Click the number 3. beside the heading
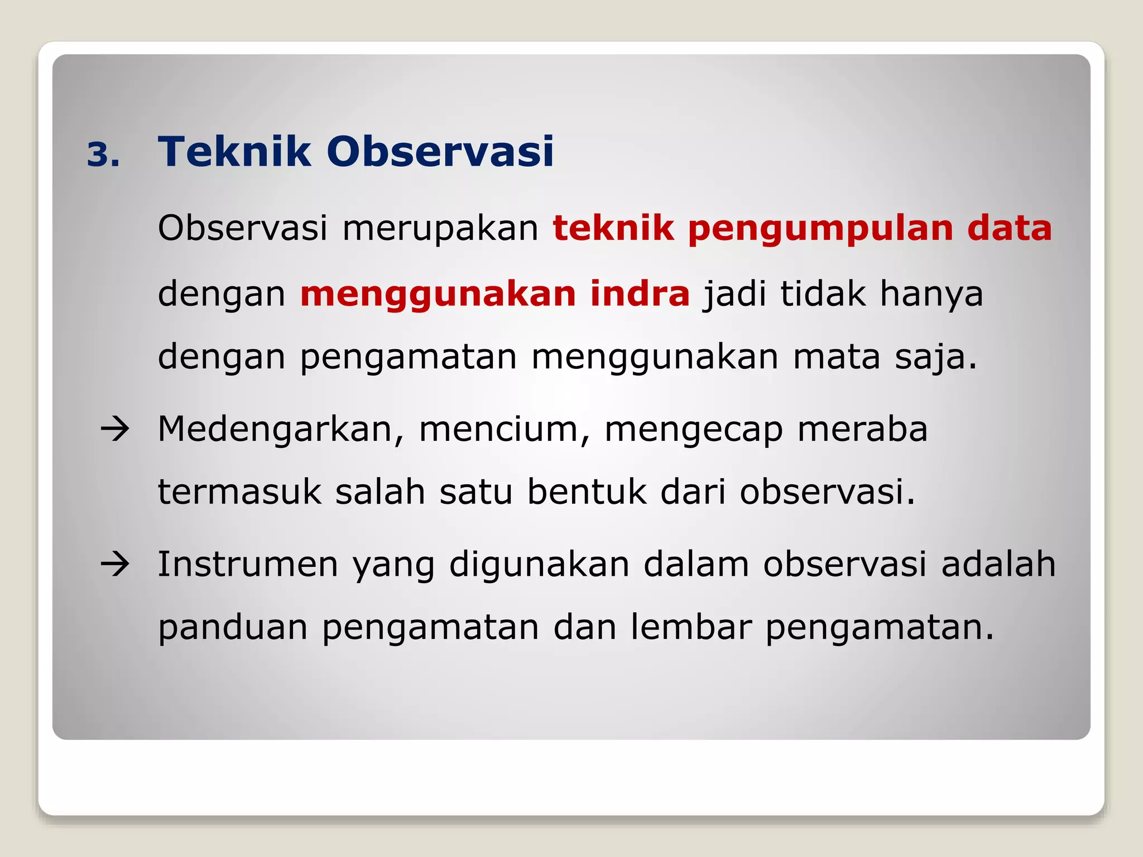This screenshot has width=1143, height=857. point(103,155)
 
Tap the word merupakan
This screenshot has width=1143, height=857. point(440,228)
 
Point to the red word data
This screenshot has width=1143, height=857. point(1010,228)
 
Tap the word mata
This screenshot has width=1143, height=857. point(836,357)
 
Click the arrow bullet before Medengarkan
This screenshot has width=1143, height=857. point(115,429)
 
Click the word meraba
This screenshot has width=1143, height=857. point(862,429)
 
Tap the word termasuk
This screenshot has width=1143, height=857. point(239,492)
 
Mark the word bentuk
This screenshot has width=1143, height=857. point(586,492)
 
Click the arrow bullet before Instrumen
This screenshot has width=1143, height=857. point(115,564)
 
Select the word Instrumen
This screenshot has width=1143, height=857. point(248,564)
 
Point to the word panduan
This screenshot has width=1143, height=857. point(233,627)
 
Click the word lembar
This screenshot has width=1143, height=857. point(691,627)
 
